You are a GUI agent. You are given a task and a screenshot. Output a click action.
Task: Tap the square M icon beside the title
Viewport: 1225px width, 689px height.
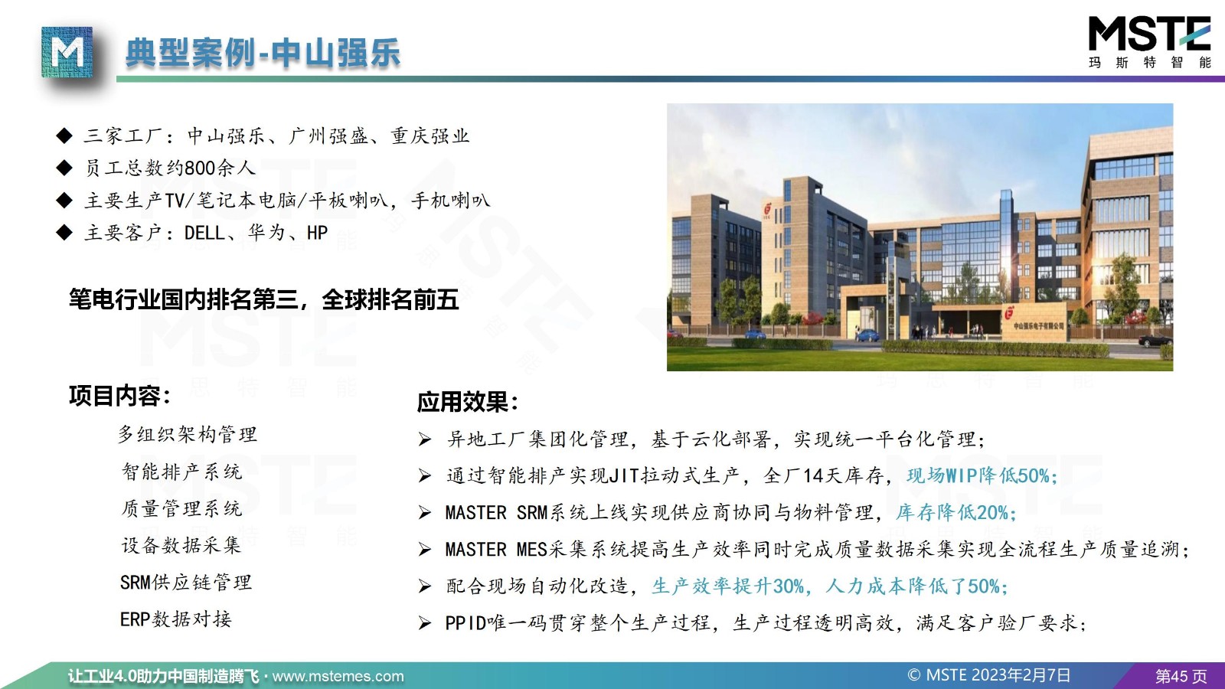pyautogui.click(x=67, y=52)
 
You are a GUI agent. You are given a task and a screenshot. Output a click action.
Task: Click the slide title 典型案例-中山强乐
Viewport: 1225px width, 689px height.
pyautogui.click(x=263, y=53)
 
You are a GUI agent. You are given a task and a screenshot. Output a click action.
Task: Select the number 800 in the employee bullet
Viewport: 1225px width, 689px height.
pyautogui.click(x=200, y=168)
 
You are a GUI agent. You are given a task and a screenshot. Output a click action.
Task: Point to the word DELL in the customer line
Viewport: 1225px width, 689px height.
pyautogui.click(x=204, y=233)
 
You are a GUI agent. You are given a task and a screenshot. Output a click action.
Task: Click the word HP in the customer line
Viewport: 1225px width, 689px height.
pyautogui.click(x=317, y=233)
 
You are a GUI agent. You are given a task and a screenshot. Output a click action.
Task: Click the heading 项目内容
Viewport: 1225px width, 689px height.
pyautogui.click(x=120, y=396)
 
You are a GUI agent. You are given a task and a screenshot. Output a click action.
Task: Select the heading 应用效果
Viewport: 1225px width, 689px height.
pyautogui.click(x=468, y=402)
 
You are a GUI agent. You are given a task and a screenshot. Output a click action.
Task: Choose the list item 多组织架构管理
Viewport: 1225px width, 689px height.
pyautogui.click(x=188, y=435)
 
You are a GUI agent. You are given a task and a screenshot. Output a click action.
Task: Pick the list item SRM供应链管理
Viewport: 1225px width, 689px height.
pyautogui.click(x=186, y=583)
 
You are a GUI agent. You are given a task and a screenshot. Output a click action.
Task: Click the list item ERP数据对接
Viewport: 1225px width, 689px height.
pyautogui.click(x=176, y=619)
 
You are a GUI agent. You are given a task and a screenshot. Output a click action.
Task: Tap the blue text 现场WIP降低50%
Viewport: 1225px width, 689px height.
pyautogui.click(x=982, y=475)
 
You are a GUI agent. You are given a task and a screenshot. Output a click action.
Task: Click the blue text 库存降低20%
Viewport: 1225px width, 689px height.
pyautogui.click(x=956, y=512)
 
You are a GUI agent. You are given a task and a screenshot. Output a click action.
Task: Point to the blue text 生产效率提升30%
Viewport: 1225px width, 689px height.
pyautogui.click(x=728, y=586)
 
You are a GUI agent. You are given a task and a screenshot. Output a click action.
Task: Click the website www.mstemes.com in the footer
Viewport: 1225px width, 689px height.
pyautogui.click(x=338, y=677)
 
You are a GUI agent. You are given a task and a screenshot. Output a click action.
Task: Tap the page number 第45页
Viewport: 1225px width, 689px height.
pyautogui.click(x=1181, y=677)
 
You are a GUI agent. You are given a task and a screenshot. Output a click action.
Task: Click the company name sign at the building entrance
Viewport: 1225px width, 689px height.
pyautogui.click(x=1038, y=326)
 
